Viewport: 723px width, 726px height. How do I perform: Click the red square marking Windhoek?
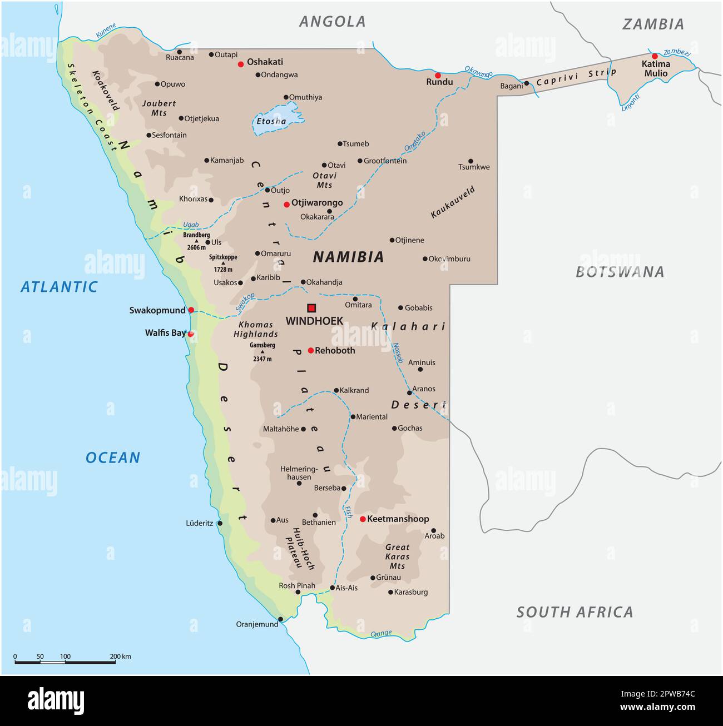pyautogui.click(x=311, y=307)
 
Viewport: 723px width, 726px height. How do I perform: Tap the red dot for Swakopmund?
pyautogui.click(x=191, y=310)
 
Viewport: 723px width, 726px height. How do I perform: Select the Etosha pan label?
pyautogui.click(x=271, y=121)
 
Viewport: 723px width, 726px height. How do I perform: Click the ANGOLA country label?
pyautogui.click(x=333, y=22)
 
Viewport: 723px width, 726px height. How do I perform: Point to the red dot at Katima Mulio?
pyautogui.click(x=655, y=56)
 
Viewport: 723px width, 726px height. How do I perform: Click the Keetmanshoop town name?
pyautogui.click(x=398, y=519)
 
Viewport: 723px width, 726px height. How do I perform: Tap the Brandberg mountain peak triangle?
pyautogui.click(x=196, y=241)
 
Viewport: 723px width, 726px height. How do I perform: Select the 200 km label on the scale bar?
pyautogui.click(x=120, y=657)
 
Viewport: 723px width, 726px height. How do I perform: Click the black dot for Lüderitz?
pyautogui.click(x=220, y=523)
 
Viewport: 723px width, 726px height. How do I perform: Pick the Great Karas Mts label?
pyautogui.click(x=397, y=556)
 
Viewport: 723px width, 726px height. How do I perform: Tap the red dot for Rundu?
pyautogui.click(x=438, y=75)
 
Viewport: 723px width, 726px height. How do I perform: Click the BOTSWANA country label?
pyautogui.click(x=620, y=272)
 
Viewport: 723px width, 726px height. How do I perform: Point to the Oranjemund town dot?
pyautogui.click(x=280, y=619)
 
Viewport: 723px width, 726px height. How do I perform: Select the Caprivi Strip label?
pyautogui.click(x=577, y=78)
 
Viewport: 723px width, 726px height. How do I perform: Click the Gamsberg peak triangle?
pyautogui.click(x=263, y=352)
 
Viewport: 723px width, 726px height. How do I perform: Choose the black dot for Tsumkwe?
pyautogui.click(x=471, y=161)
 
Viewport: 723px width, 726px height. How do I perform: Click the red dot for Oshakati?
pyautogui.click(x=241, y=64)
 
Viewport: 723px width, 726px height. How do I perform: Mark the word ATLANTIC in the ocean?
pyautogui.click(x=59, y=287)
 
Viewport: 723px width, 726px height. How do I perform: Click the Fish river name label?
pyautogui.click(x=349, y=512)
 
